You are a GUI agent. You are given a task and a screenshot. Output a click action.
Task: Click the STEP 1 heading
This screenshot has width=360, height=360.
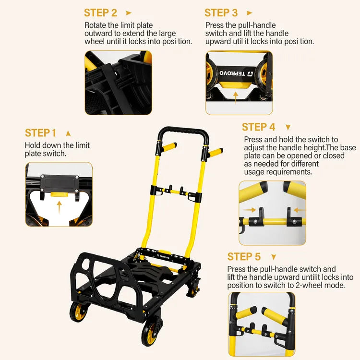click(40, 133)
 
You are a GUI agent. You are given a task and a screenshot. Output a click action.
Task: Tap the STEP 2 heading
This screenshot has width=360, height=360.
click(100, 13)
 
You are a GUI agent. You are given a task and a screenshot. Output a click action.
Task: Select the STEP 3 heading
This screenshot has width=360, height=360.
click(221, 13)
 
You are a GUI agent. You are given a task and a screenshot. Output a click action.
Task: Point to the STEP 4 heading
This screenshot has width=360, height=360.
click(258, 127)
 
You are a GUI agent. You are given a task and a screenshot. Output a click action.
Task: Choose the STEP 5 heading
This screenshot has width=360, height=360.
click(244, 256)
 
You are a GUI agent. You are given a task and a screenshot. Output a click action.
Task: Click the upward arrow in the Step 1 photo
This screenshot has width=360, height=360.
click(60, 207)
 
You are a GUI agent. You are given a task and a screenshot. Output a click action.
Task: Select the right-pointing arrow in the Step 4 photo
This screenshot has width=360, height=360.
click(249, 210)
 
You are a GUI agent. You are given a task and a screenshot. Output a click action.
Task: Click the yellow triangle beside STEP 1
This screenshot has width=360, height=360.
click(68, 133)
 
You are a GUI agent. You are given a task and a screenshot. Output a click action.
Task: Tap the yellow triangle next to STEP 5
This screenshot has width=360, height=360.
click(274, 257)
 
